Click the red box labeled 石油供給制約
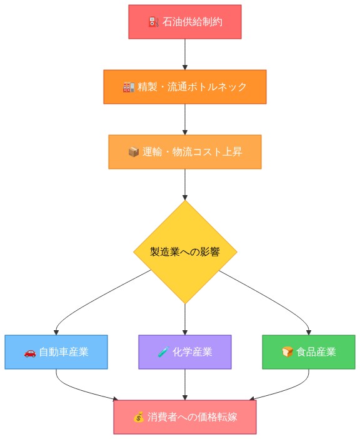click(184, 22)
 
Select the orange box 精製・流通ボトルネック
click(184, 87)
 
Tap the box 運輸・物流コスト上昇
click(184, 152)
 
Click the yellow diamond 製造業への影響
click(185, 252)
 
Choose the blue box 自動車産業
click(56, 352)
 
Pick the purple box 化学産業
click(184, 352)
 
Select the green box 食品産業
click(309, 352)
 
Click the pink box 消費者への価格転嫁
click(184, 417)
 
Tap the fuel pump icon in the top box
click(153, 23)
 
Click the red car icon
click(30, 353)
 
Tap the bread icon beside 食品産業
click(287, 353)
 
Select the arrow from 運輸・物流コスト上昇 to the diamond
click(185, 184)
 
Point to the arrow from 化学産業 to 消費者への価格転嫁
click(185, 385)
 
